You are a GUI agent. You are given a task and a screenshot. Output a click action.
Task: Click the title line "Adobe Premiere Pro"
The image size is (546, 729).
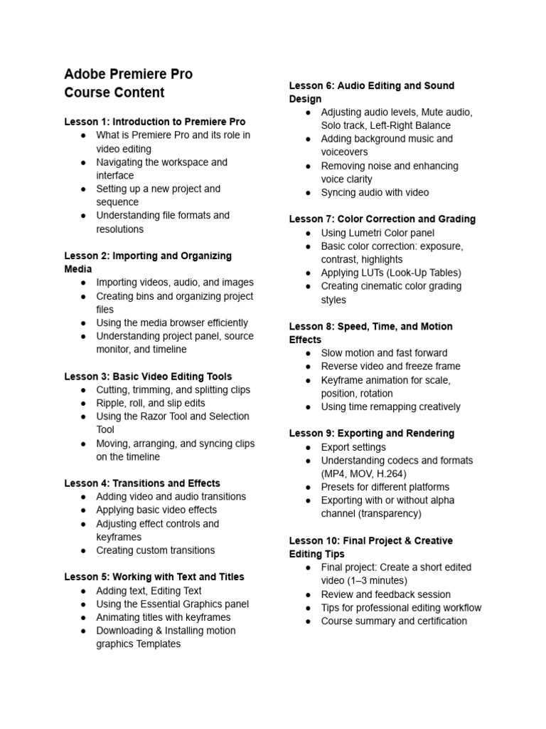[128, 74]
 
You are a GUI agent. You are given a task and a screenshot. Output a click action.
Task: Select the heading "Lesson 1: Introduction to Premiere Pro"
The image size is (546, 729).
[155, 122]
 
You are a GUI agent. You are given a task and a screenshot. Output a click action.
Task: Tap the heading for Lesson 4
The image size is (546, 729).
[142, 483]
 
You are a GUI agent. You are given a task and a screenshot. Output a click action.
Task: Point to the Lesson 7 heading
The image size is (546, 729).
[382, 219]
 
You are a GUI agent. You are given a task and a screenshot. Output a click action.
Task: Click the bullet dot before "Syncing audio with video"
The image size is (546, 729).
[308, 193]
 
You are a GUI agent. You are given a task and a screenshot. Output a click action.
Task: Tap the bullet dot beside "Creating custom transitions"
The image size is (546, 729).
[83, 551]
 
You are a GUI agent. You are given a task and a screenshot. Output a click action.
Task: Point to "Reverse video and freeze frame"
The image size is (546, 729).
[390, 367]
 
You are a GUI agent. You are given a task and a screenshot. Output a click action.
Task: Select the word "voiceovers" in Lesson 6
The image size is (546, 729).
[345, 152]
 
